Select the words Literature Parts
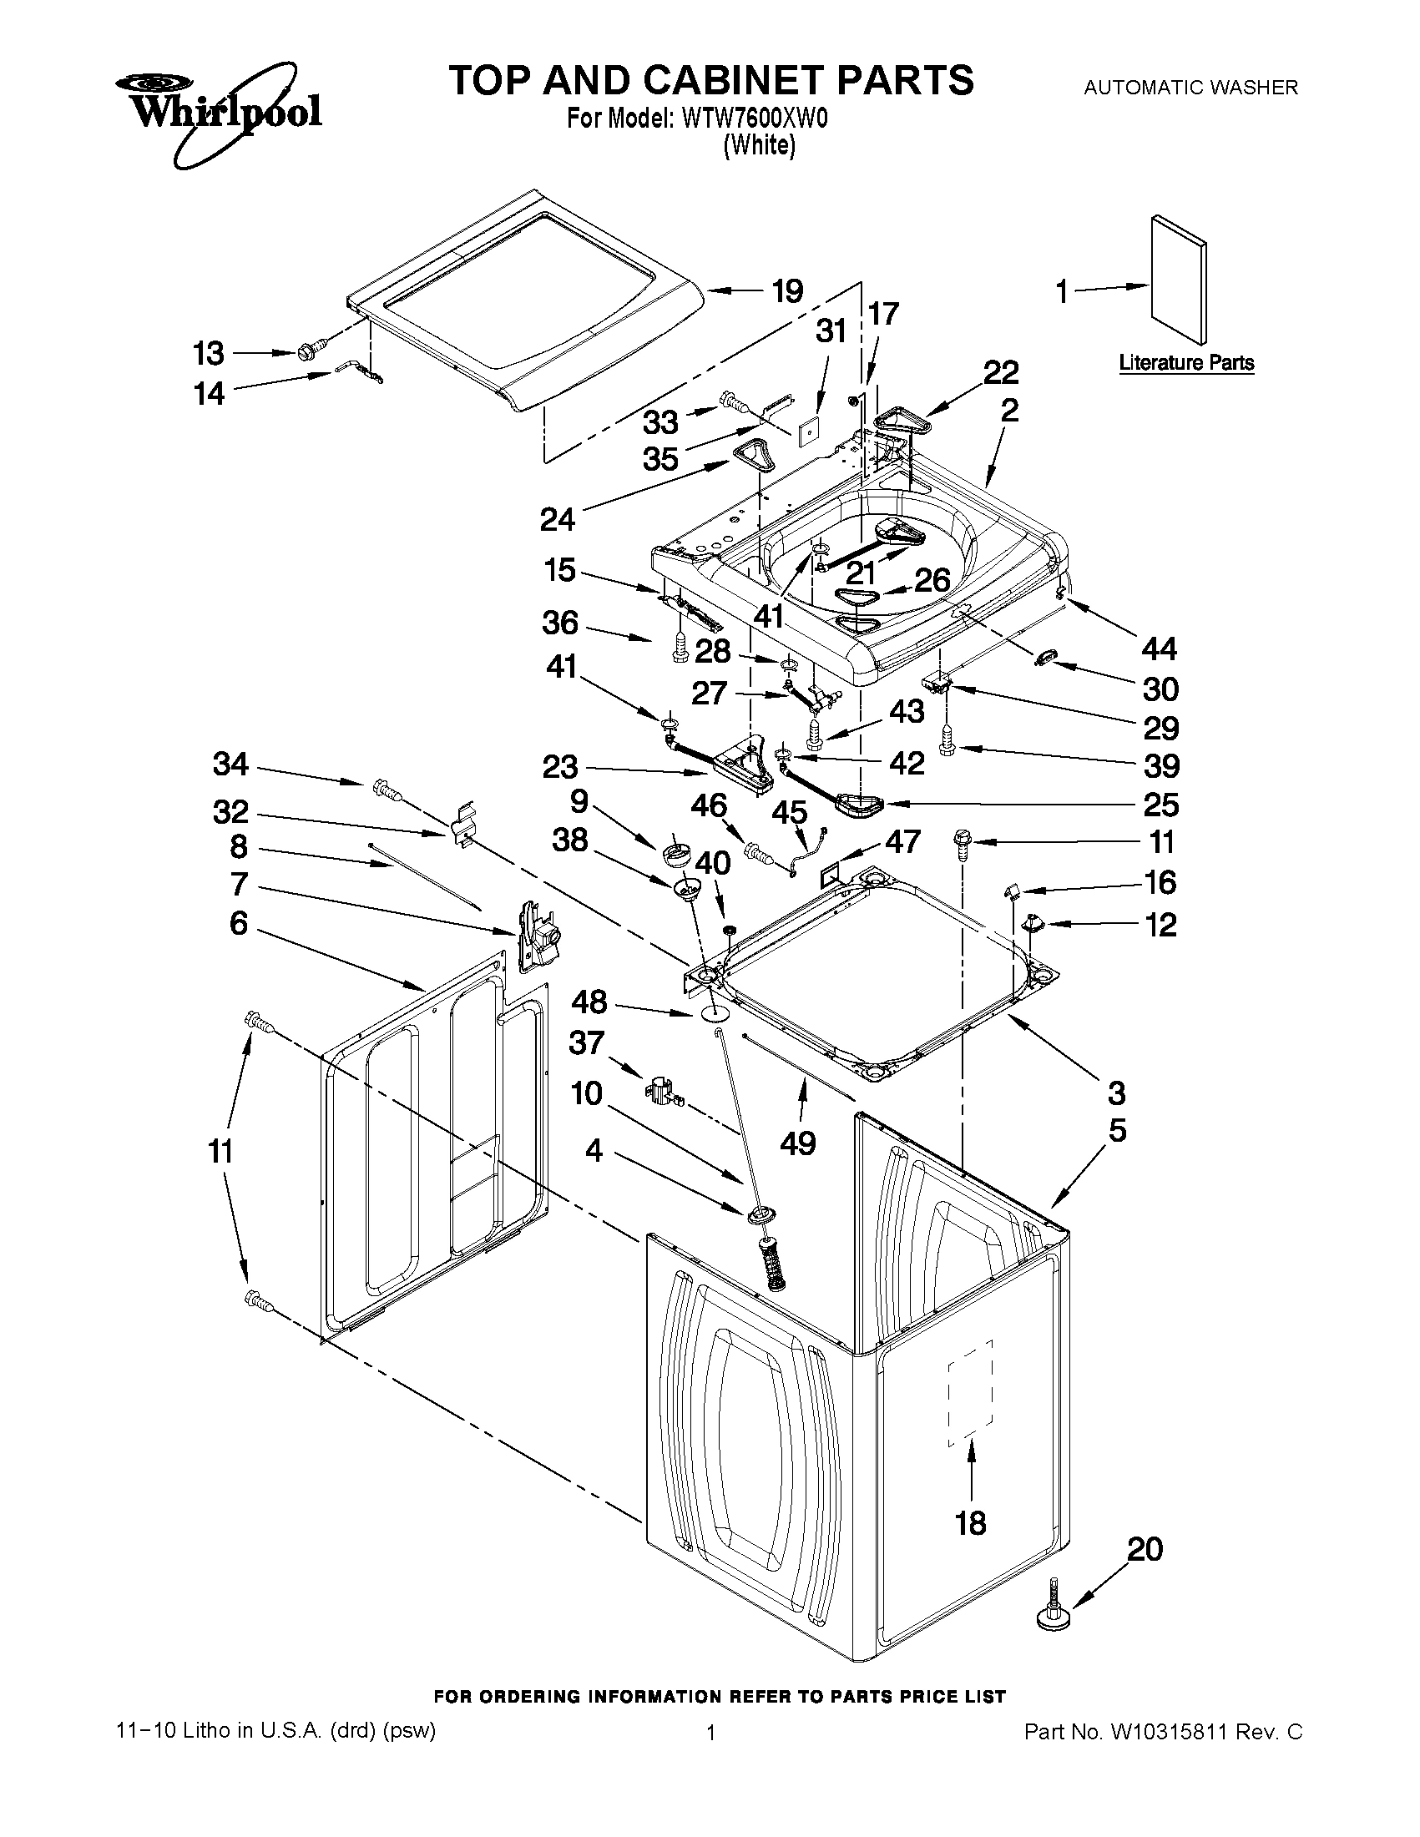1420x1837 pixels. coord(1186,363)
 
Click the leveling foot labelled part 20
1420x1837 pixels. coord(1052,1611)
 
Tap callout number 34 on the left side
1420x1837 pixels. coord(230,764)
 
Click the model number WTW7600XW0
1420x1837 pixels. coord(755,119)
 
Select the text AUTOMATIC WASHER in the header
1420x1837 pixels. coord(1190,87)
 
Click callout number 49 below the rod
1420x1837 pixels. coord(797,1143)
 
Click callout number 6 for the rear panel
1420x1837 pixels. coord(239,924)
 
